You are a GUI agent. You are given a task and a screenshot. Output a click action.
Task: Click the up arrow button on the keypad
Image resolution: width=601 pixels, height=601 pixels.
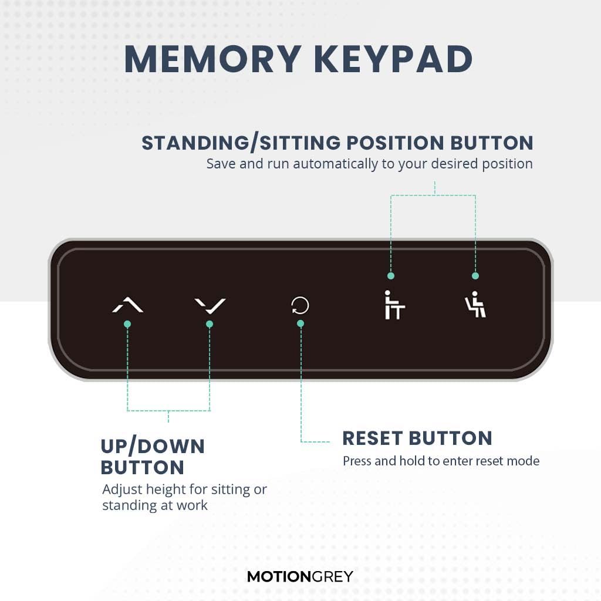tap(127, 305)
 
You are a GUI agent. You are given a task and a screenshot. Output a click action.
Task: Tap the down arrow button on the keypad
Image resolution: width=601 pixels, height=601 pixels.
tap(210, 305)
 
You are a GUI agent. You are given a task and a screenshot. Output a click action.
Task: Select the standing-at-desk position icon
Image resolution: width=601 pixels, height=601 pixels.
tap(393, 305)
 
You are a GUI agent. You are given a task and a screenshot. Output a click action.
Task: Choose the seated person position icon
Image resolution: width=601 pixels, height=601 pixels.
tap(475, 305)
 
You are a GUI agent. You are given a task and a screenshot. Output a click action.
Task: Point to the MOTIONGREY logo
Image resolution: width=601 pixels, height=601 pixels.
tap(300, 576)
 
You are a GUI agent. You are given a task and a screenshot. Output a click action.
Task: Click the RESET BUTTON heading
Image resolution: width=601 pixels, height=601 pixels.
tap(417, 438)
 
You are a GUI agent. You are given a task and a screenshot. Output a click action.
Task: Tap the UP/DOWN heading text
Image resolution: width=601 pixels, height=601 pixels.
tap(153, 447)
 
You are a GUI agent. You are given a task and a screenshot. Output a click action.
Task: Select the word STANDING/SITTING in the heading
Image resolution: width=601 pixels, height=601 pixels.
tap(241, 143)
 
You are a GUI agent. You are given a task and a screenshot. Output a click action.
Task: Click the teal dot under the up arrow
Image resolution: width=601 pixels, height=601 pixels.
tap(127, 324)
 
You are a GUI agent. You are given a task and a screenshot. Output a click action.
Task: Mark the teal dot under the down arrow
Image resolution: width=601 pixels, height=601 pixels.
tap(210, 324)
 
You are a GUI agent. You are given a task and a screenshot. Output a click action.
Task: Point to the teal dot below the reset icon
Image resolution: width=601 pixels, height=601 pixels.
tap(300, 323)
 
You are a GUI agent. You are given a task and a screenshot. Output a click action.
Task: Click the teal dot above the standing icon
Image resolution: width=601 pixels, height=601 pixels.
tap(391, 276)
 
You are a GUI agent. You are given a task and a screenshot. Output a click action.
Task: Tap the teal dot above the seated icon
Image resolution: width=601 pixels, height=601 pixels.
tap(475, 276)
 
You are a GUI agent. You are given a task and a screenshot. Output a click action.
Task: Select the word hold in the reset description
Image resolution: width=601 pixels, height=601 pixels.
tap(412, 461)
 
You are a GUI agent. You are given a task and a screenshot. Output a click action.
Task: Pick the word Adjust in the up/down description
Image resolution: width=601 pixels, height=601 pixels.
tap(119, 489)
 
